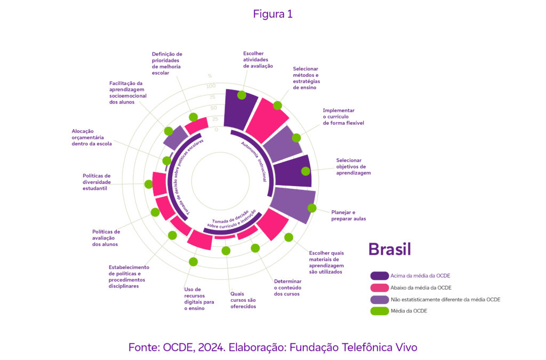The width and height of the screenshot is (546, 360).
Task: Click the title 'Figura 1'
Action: (272, 14)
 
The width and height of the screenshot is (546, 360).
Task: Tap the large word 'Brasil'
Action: (390, 249)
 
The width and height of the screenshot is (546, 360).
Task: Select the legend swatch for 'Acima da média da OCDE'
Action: (380, 276)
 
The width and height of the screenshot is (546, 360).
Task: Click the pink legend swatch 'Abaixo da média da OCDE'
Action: (380, 287)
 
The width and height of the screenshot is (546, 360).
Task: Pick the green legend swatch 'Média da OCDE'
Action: (380, 311)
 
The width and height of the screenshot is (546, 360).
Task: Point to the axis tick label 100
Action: (211, 86)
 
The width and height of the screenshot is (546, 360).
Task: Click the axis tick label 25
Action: (215, 119)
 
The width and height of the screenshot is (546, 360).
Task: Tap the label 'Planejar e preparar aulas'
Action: (348, 215)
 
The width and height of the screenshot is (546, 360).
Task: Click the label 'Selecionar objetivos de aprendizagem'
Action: (353, 166)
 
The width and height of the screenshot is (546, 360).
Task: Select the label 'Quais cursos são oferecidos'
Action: (243, 300)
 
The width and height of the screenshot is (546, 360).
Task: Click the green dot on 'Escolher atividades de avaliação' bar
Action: (242, 95)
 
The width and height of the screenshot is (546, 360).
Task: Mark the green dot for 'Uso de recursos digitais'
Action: (194, 262)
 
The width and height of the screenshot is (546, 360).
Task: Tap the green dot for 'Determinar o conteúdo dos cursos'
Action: (255, 248)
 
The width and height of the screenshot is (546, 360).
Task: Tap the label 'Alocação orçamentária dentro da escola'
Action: (92, 137)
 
